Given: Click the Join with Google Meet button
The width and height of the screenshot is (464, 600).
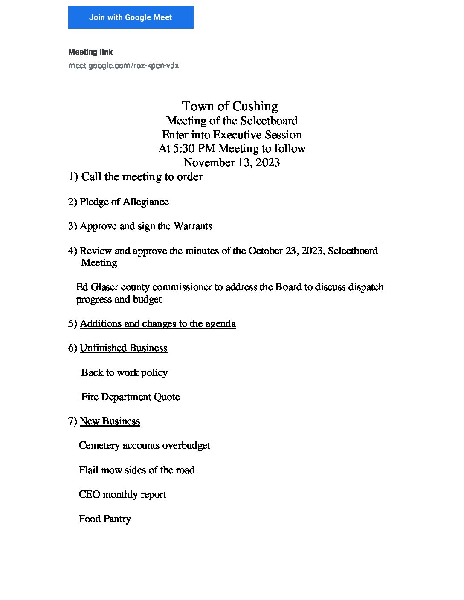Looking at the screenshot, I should point(130,17).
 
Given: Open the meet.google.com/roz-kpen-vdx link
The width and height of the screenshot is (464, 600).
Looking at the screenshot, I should point(124,66).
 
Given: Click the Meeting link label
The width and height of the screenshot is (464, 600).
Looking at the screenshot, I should point(90,52).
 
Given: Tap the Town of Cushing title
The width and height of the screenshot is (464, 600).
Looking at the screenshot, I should point(230,106).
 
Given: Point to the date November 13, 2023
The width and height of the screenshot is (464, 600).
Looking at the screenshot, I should point(232,163).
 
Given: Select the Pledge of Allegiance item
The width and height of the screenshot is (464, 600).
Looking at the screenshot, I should point(124,202).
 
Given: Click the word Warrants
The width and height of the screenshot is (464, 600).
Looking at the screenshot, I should point(192,226).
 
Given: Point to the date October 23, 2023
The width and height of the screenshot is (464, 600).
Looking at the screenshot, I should point(285,251).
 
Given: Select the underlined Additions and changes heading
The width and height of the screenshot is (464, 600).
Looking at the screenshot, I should point(157,324).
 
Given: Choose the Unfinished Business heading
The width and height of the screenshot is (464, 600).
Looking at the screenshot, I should point(123,348).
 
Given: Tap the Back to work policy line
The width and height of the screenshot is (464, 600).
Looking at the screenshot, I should point(124,373).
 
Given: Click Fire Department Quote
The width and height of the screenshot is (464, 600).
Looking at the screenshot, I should point(130,397).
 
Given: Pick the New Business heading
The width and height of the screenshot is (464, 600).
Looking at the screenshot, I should point(110,421).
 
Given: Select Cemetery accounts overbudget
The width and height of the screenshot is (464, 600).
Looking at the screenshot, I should point(144,446).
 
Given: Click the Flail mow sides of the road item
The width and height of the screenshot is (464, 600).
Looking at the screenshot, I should point(136,470).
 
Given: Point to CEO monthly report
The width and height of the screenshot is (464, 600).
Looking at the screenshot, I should point(122,495).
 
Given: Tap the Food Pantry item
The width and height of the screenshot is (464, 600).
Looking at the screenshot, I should point(104,519).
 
